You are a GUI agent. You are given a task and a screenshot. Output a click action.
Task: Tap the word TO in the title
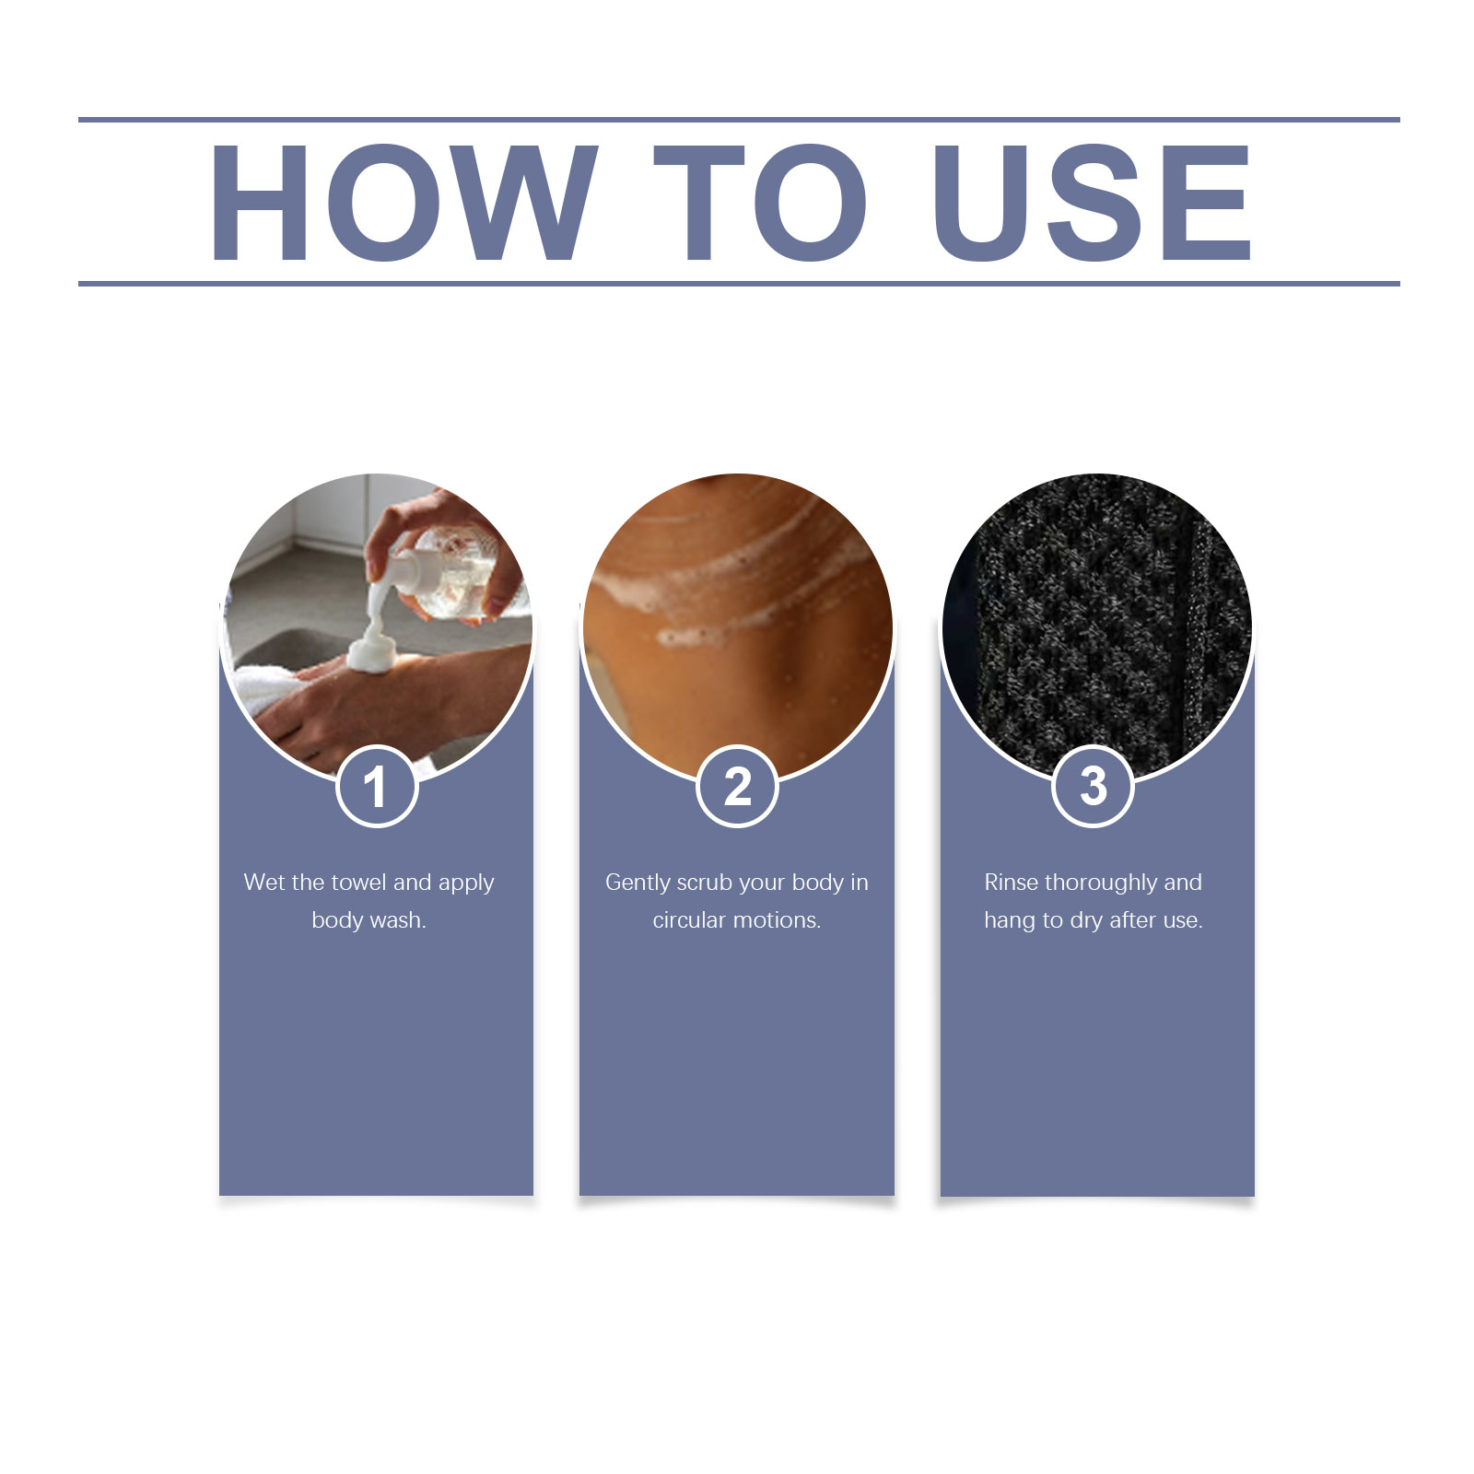pyautogui.click(x=760, y=203)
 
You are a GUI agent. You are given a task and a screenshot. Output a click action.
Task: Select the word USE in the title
pyautogui.click(x=1093, y=203)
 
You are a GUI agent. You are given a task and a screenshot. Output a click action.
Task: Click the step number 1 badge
pyautogui.click(x=377, y=787)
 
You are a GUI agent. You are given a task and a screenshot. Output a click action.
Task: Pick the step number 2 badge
pyautogui.click(x=737, y=787)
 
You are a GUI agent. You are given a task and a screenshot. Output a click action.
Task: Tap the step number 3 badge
pyautogui.click(x=1093, y=787)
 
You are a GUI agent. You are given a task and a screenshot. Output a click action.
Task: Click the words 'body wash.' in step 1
pyautogui.click(x=368, y=919)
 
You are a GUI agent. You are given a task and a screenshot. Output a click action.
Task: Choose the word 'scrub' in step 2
pyautogui.click(x=704, y=882)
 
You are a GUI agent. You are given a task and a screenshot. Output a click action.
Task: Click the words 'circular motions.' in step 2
pyautogui.click(x=737, y=919)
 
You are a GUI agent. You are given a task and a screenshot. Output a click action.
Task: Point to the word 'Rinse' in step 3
pyautogui.click(x=1011, y=882)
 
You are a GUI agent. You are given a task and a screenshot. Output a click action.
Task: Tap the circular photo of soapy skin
pyautogui.click(x=737, y=626)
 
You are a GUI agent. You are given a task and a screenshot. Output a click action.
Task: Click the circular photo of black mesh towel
pyautogui.click(x=1096, y=626)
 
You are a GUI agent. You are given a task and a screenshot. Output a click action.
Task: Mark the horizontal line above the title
pyautogui.click(x=739, y=120)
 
